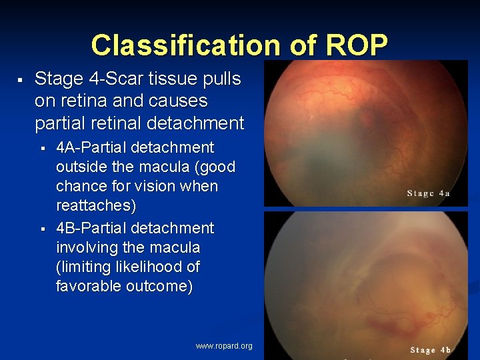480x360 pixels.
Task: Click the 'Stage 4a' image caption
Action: (429, 193)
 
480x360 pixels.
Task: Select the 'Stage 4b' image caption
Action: (430, 350)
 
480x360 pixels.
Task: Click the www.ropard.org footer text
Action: (224, 346)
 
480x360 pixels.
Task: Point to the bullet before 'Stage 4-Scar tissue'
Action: (21, 80)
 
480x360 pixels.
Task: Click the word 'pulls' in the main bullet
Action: (220, 79)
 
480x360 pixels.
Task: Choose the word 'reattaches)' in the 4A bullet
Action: (95, 205)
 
